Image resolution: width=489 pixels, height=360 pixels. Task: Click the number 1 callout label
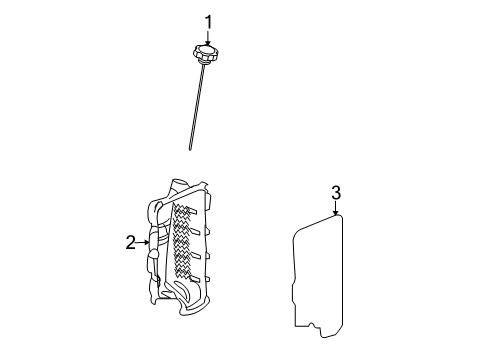point(209,21)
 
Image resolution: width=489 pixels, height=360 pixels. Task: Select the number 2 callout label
point(130,242)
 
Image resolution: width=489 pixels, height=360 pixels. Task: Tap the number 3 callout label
point(336,192)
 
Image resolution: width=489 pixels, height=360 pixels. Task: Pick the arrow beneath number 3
point(336,208)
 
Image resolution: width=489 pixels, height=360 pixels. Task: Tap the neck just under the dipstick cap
point(203,65)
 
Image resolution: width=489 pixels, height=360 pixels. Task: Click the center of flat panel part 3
point(318,270)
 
